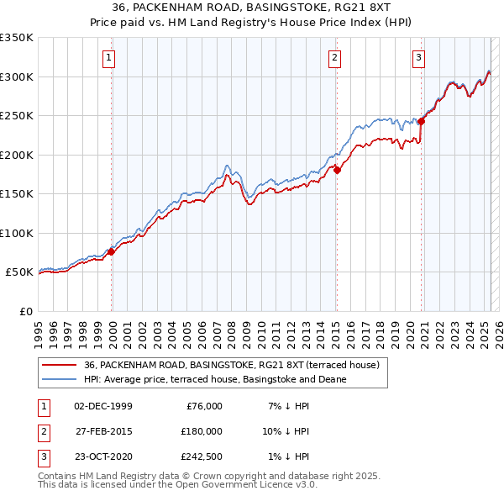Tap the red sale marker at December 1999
[111, 251]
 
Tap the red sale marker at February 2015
[337, 170]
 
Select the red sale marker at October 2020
[421, 121]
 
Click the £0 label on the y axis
[24, 311]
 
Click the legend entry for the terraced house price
[232, 365]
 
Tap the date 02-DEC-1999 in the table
[103, 406]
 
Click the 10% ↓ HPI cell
[286, 430]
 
